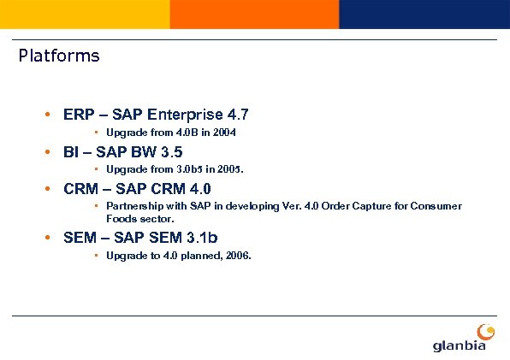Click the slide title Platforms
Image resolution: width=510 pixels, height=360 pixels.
[59, 56]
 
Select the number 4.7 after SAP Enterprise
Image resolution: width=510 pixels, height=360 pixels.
[238, 115]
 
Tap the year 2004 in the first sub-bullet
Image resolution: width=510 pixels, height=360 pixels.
[224, 133]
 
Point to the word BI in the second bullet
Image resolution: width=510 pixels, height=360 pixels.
[71, 152]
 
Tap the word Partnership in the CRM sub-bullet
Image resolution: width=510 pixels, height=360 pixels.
[133, 206]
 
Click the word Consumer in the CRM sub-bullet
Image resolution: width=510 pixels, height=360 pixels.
[439, 206]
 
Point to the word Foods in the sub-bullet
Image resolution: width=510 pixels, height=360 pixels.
[121, 218]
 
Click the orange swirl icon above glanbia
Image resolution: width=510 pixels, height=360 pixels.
[485, 331]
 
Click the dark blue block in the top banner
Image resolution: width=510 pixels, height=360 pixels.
[424, 14]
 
